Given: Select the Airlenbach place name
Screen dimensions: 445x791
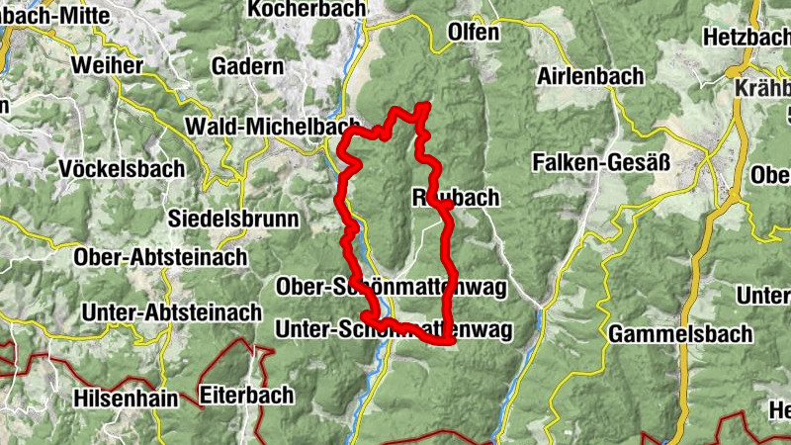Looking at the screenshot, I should (589, 76).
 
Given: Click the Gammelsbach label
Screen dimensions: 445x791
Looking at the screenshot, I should (666, 333).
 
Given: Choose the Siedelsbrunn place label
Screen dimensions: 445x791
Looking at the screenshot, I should (233, 219).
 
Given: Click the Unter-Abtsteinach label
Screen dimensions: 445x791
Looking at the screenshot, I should (172, 312).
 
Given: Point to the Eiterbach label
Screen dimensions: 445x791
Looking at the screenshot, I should (246, 396).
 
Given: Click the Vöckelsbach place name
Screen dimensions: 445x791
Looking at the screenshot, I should (122, 168).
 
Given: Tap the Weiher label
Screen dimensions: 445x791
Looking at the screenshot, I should (107, 66).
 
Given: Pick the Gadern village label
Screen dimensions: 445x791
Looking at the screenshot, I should (247, 66).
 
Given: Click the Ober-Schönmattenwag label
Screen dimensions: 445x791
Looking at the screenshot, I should (393, 288).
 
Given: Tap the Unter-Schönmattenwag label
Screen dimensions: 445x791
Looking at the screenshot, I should (395, 330).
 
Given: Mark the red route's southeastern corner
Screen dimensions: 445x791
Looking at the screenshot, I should (451, 341).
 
